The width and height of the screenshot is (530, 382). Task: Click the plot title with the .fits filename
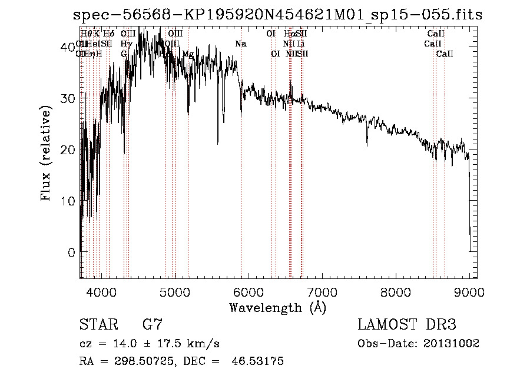click(x=277, y=15)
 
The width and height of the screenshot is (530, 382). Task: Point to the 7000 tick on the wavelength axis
click(x=322, y=291)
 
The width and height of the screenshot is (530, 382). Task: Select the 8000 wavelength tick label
click(x=396, y=291)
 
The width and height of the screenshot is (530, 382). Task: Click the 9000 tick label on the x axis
click(x=469, y=291)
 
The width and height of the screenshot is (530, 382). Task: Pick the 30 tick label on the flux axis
click(x=67, y=98)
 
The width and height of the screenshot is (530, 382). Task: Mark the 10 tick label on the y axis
click(x=67, y=201)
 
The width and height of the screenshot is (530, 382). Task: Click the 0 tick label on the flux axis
click(x=71, y=253)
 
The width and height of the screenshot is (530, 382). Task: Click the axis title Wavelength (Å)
click(x=277, y=307)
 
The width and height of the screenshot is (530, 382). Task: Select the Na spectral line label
click(x=240, y=44)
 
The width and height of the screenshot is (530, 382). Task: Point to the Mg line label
click(x=188, y=54)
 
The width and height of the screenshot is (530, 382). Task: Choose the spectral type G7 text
click(x=153, y=325)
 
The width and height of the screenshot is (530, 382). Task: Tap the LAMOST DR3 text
click(x=407, y=325)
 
